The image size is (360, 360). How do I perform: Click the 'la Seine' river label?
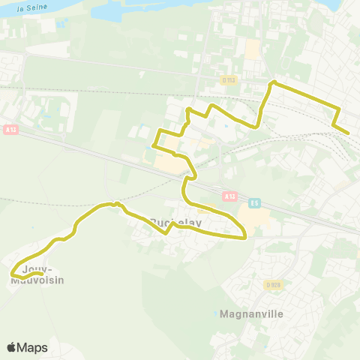(x=28, y=7)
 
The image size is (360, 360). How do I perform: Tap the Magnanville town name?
(x=252, y=313)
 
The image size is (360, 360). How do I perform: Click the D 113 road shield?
(x=229, y=79)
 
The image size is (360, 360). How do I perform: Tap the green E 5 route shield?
(x=255, y=202)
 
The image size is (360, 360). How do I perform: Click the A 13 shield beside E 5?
(x=229, y=196)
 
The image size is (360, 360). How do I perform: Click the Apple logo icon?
(x=11, y=348)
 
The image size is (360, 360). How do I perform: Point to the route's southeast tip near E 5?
(x=246, y=238)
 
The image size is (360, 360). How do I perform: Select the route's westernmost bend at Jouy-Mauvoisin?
(x=11, y=275)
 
